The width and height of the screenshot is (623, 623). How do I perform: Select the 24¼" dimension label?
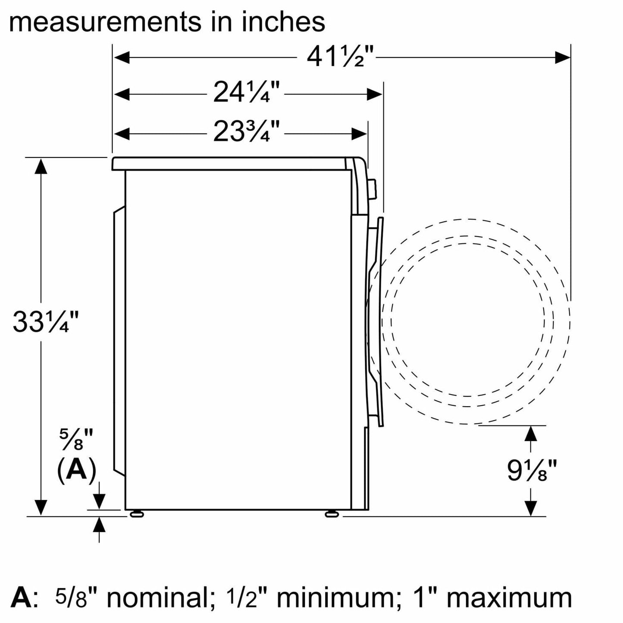coord(246,92)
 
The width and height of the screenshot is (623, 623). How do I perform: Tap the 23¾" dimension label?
coord(246,131)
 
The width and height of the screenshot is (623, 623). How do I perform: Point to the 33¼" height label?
coord(46,322)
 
